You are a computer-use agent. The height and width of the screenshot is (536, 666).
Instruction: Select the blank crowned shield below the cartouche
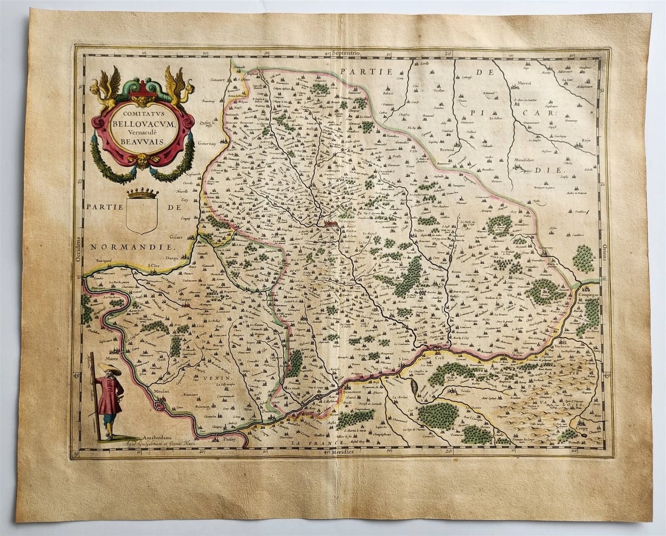(x=142, y=214)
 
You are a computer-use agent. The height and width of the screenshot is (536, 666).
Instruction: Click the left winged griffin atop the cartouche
(x=106, y=87)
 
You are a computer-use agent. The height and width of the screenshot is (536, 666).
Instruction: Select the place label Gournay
(x=208, y=145)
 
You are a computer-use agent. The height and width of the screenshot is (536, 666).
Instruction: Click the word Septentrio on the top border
(x=346, y=53)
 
